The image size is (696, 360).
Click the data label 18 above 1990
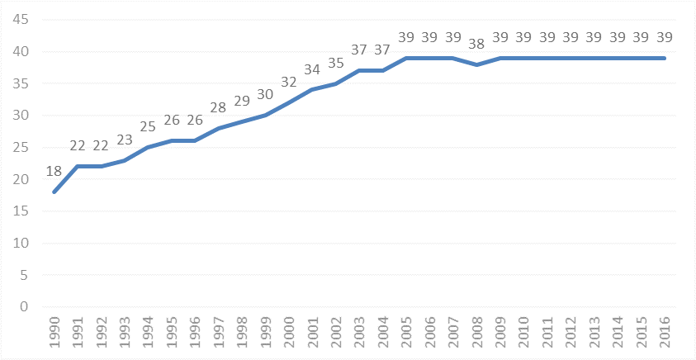pyautogui.click(x=54, y=171)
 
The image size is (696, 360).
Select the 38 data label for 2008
pyautogui.click(x=476, y=44)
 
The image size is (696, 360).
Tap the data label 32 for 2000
pyautogui.click(x=289, y=82)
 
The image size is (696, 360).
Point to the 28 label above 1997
pyautogui.click(x=218, y=107)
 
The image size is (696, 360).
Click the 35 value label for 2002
pyautogui.click(x=335, y=63)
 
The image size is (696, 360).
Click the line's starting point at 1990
pyautogui.click(x=54, y=192)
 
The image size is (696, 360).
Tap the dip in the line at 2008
pyautogui.click(x=477, y=64)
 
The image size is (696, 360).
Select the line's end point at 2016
pyautogui.click(x=665, y=58)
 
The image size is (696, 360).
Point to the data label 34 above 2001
pyautogui.click(x=312, y=69)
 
